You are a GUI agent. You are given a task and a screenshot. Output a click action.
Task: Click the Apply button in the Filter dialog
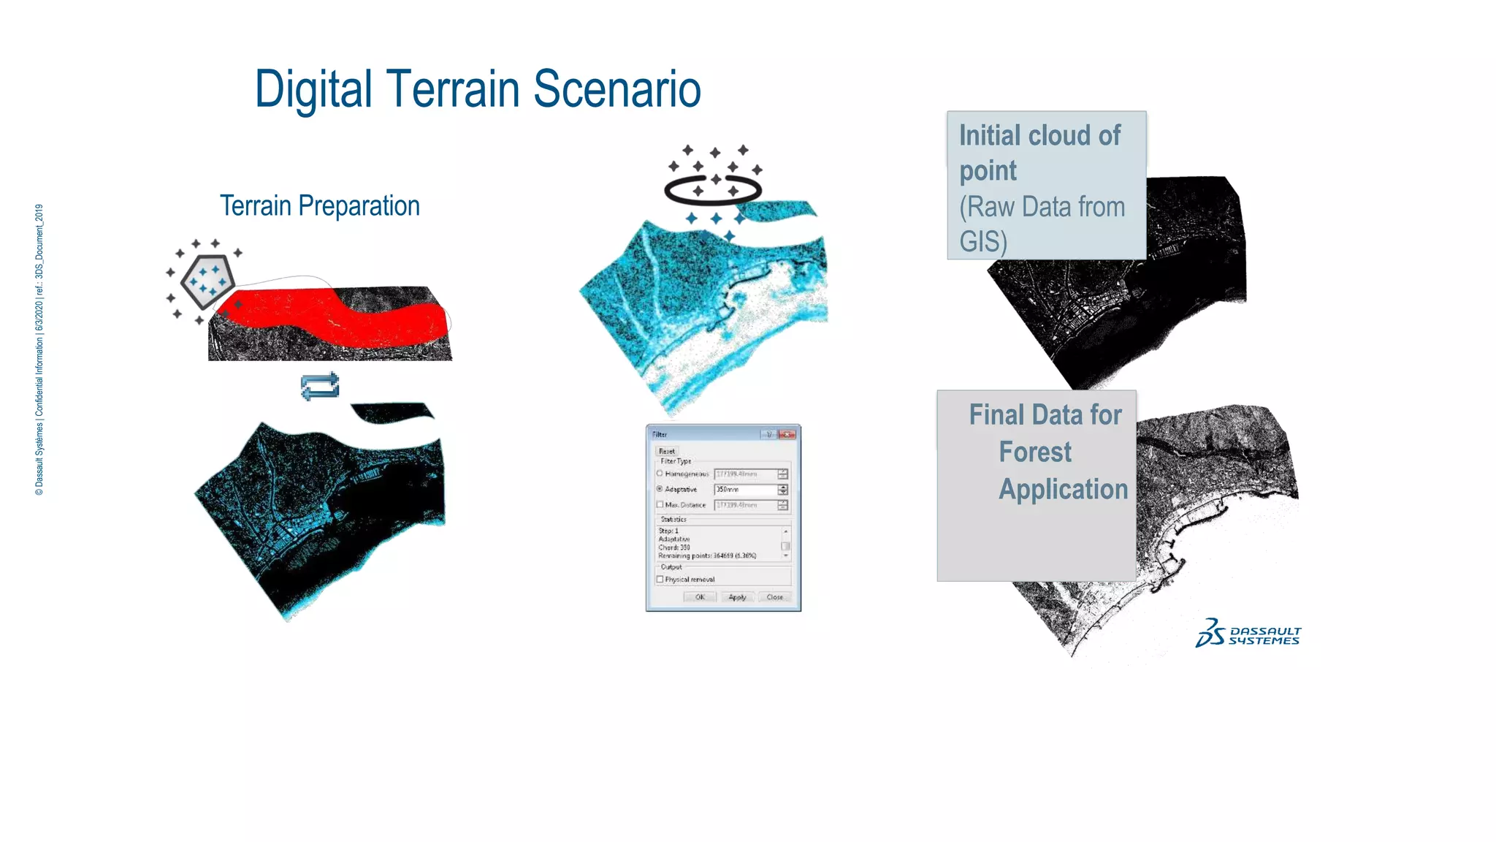pos(737,597)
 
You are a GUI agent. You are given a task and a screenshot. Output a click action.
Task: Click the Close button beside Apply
pos(775,597)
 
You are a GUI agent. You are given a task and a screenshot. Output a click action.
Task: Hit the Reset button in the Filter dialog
pos(667,451)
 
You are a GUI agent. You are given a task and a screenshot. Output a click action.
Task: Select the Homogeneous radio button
pos(660,474)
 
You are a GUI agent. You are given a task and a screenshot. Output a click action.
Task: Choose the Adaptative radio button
pos(660,489)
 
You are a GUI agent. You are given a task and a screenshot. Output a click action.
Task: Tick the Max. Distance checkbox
pos(660,504)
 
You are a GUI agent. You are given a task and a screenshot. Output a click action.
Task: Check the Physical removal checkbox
pos(660,579)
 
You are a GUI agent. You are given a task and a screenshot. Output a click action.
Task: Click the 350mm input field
pos(744,489)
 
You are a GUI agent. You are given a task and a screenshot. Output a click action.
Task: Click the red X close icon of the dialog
pos(787,434)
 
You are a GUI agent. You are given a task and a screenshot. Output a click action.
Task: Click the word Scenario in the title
pos(617,89)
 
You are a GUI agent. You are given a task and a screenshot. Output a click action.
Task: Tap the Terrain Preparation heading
pos(320,206)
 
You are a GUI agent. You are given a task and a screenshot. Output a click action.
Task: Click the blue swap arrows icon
pos(320,386)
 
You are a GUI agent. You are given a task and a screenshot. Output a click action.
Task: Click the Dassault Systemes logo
pos(1248,633)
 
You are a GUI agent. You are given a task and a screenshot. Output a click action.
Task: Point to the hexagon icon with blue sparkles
pos(207,281)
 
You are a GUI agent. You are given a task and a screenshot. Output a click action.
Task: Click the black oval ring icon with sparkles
pos(712,191)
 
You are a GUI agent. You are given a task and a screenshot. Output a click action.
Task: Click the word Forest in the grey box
pos(1035,452)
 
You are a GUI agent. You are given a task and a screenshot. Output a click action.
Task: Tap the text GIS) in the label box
pos(982,241)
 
